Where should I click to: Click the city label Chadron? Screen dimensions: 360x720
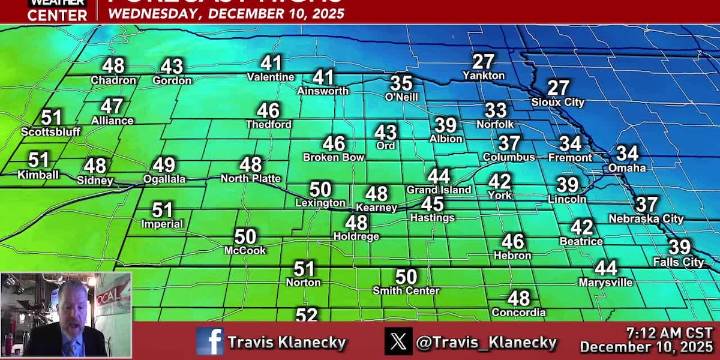click(x=113, y=81)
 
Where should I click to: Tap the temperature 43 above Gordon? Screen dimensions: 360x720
click(x=172, y=66)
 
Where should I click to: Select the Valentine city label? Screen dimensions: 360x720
click(x=270, y=77)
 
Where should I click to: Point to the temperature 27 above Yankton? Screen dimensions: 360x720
click(x=484, y=61)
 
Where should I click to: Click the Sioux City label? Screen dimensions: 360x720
click(x=558, y=102)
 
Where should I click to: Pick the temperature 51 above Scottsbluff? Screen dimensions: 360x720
click(x=51, y=117)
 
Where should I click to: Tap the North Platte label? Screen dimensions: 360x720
click(x=250, y=178)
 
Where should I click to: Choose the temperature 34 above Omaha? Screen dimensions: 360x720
click(x=627, y=153)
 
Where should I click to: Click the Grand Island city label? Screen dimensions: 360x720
click(x=438, y=190)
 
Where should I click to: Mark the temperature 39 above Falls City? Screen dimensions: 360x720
click(x=679, y=247)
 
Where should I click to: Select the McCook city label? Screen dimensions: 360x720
click(x=245, y=251)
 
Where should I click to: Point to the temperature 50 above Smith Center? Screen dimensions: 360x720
click(x=406, y=276)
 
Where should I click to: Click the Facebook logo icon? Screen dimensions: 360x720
click(x=210, y=341)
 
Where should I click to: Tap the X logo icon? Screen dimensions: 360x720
click(x=399, y=341)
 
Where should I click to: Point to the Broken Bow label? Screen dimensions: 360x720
click(x=333, y=157)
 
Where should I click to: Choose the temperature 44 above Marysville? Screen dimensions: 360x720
click(x=606, y=268)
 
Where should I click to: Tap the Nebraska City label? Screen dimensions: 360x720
click(x=646, y=218)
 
